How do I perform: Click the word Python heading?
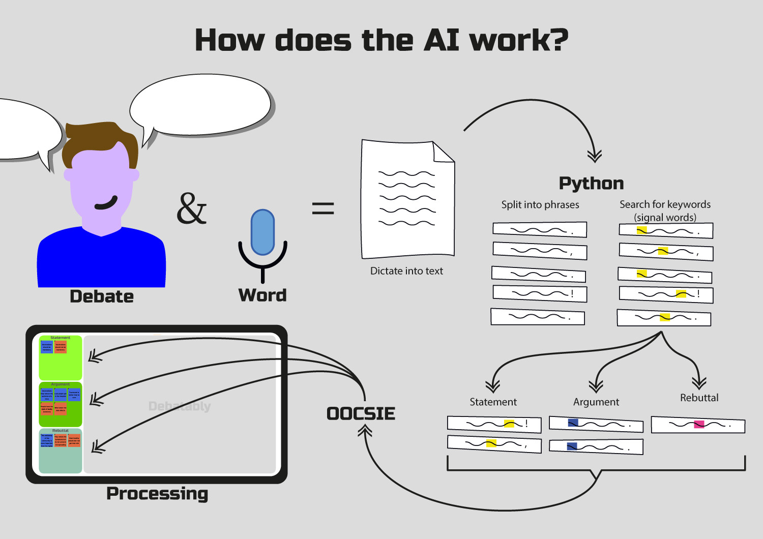591,183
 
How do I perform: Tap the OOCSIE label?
361,413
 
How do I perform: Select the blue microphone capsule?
262,232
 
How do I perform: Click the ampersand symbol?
192,208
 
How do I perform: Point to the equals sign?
323,207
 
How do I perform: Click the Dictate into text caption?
406,271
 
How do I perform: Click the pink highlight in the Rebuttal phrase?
699,424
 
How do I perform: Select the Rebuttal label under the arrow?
699,398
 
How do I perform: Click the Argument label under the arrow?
596,402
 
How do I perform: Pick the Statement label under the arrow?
493,402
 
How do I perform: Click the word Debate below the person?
102,296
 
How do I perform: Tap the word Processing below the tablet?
157,493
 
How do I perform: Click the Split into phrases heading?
540,204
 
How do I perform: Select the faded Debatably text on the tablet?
180,406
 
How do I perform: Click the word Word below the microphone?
262,295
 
